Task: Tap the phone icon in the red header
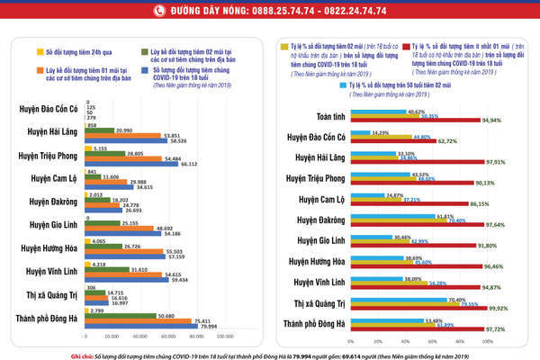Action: click(159, 11)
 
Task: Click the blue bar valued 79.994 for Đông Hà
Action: click(157, 325)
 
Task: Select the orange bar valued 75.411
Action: click(153, 319)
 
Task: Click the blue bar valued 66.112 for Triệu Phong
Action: click(144, 164)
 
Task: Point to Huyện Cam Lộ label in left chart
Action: click(51, 177)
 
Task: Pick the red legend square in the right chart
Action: click(409, 41)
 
